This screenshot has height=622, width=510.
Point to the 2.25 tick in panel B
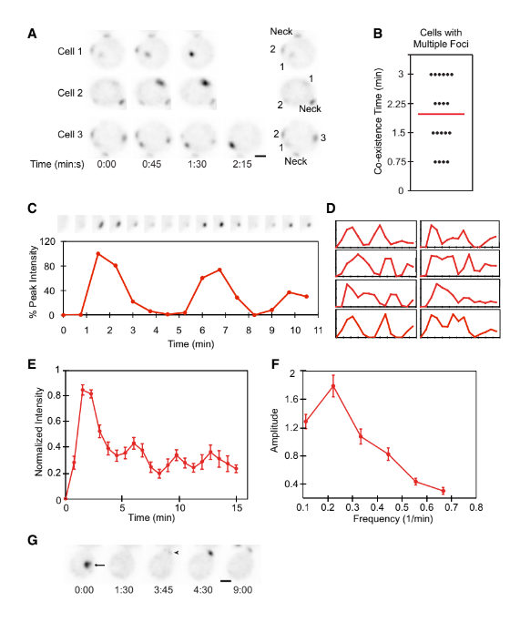coord(395,103)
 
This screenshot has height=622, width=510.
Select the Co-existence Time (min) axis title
coord(374,118)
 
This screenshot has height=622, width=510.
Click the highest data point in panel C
coord(97,254)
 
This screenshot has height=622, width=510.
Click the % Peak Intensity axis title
coord(34,278)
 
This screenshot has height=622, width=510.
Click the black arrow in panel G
coord(98,566)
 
